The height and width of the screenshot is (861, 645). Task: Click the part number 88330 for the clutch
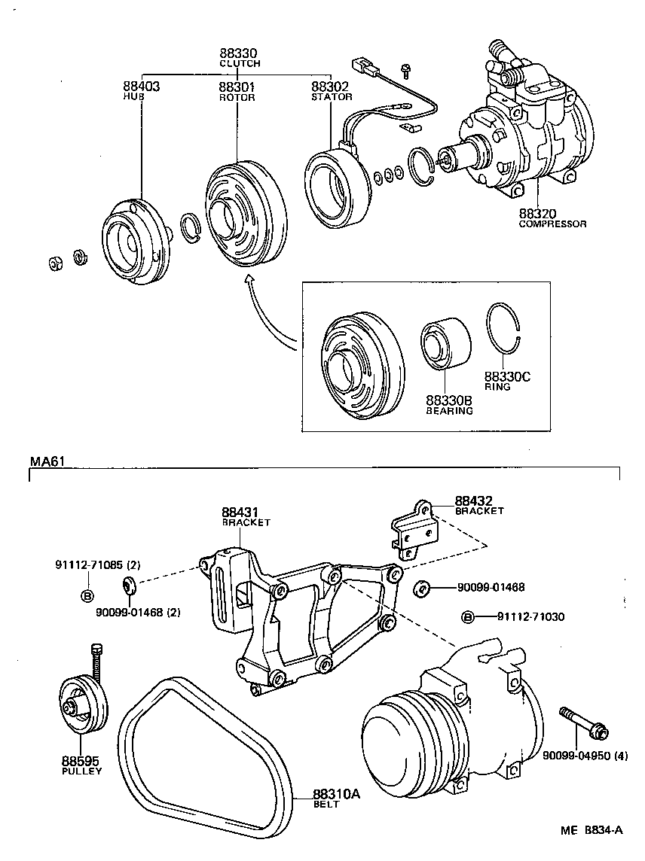[239, 53]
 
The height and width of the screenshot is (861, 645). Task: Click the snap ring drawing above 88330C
[504, 331]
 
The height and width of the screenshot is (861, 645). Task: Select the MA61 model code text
[46, 461]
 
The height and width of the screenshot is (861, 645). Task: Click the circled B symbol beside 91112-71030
[468, 617]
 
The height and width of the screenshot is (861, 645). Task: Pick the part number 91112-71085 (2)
[98, 564]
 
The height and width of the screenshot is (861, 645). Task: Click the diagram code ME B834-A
[592, 830]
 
